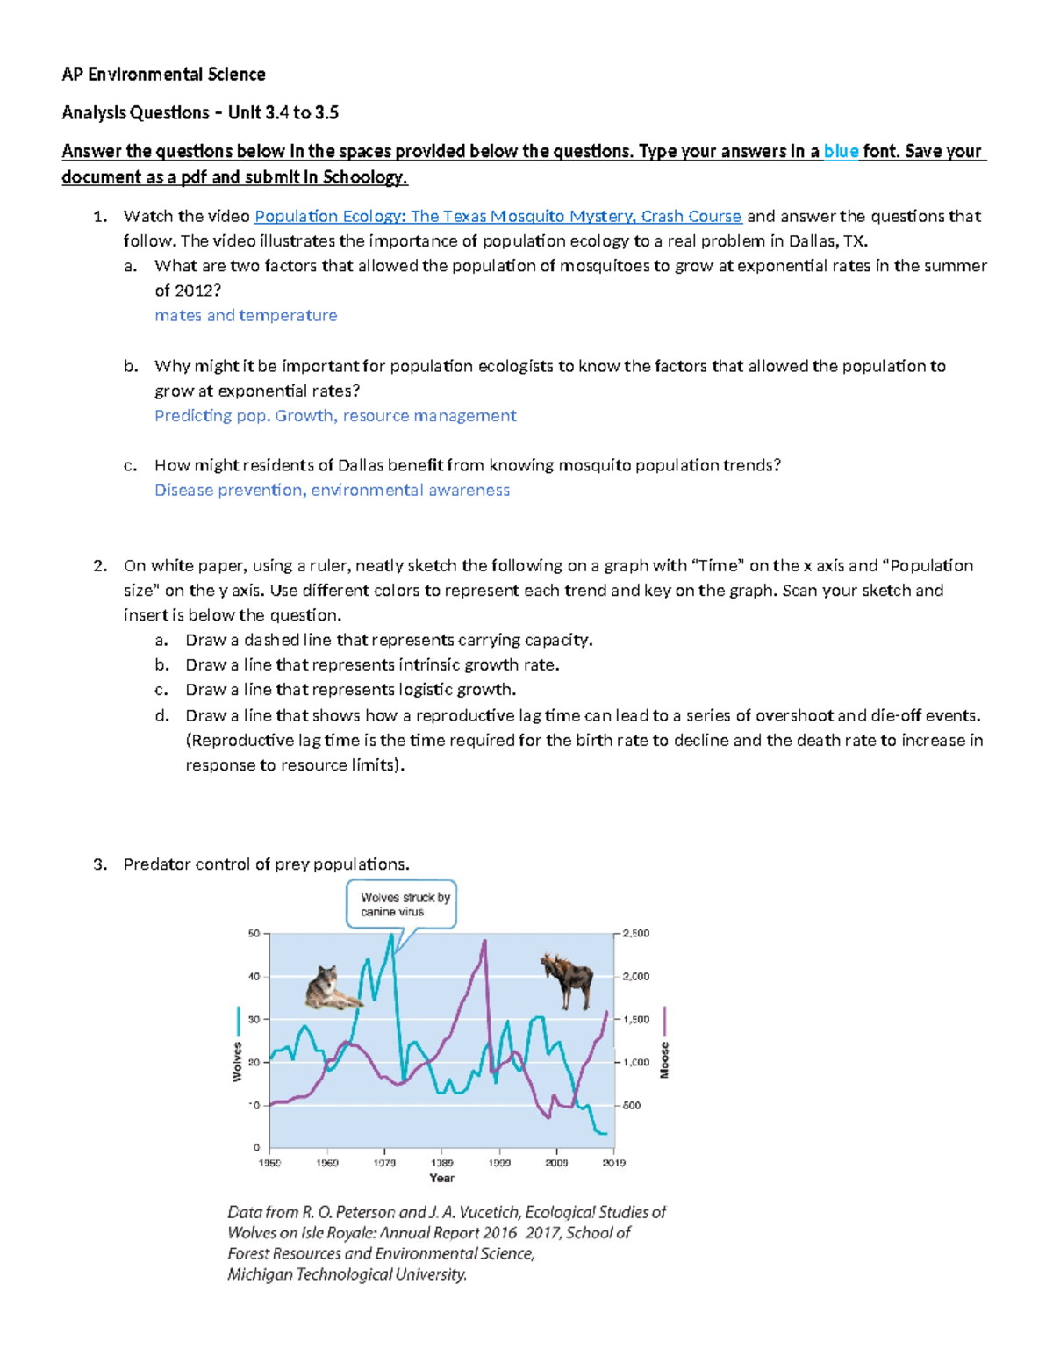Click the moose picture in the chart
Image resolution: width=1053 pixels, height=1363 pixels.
(567, 981)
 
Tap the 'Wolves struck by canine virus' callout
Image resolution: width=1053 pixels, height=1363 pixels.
(402, 904)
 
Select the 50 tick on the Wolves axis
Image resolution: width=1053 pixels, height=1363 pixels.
(254, 934)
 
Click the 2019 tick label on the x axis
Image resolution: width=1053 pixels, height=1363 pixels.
(613, 1163)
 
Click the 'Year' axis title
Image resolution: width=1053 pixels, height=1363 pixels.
(441, 1178)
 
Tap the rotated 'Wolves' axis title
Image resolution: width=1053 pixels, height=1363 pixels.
(237, 1062)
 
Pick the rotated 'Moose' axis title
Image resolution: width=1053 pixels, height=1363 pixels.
(664, 1060)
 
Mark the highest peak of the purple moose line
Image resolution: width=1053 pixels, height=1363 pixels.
(484, 941)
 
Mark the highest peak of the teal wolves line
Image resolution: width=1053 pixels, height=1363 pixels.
(391, 935)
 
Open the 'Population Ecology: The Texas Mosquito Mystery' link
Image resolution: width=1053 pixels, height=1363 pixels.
(498, 216)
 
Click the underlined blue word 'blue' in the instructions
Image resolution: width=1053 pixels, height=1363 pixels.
(841, 151)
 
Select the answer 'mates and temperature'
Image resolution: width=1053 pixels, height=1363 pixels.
(246, 315)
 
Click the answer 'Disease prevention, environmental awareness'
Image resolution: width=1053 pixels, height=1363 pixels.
(332, 490)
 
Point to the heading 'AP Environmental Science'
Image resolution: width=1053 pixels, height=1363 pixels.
(163, 75)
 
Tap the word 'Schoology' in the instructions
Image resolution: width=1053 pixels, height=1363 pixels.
(362, 177)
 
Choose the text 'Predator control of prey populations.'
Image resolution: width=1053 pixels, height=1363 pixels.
(266, 864)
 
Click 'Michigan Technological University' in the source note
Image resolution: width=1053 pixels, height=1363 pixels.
(347, 1274)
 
